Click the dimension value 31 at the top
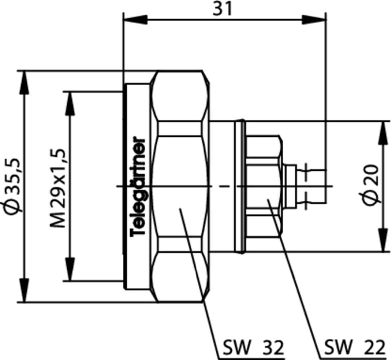222,10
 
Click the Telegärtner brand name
138,186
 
